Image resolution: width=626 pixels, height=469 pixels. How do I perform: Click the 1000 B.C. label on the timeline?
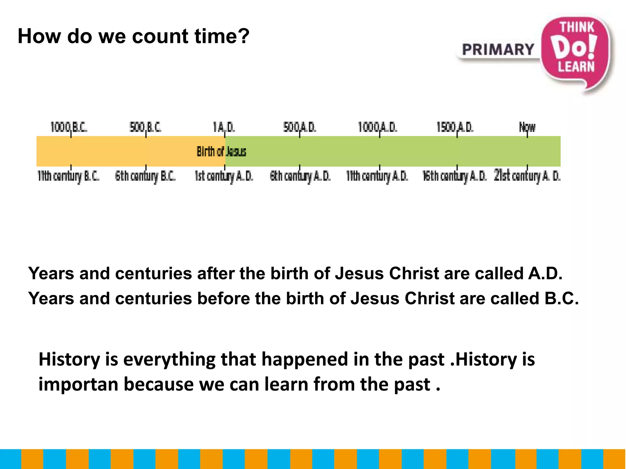point(69,127)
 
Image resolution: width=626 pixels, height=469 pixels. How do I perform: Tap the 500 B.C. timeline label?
point(145,127)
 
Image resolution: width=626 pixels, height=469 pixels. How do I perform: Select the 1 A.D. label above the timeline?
point(224,127)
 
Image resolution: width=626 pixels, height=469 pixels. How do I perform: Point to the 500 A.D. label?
point(300,127)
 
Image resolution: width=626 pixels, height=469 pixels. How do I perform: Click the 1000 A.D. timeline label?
point(377,127)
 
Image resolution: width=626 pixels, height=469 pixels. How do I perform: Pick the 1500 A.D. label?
point(455,127)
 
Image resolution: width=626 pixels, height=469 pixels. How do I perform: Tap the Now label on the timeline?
point(527,127)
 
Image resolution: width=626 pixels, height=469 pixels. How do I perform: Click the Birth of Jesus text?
point(221,151)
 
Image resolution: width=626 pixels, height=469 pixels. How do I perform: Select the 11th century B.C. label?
point(68,176)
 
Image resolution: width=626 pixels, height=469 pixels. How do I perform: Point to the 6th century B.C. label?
point(145,176)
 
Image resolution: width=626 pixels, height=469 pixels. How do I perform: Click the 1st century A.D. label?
point(224,176)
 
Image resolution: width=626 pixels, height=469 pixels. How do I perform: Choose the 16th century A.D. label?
point(454,176)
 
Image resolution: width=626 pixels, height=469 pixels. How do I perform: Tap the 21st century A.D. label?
point(527,176)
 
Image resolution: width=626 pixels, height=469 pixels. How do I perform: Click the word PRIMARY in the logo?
point(498,50)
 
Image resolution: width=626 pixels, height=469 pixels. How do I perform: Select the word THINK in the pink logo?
point(577,27)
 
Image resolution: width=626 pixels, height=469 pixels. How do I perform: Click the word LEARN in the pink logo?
point(576,67)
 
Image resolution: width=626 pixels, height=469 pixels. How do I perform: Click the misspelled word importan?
point(78,384)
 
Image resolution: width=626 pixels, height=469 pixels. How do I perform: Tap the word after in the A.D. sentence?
point(215,273)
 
